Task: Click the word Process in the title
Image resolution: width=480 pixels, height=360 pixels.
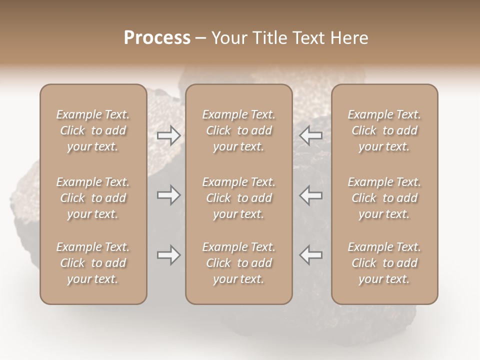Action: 157,38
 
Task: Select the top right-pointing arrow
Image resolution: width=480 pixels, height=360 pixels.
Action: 168,135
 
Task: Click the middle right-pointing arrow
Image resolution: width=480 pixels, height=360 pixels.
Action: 168,195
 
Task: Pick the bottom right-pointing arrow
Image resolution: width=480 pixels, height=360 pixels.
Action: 168,255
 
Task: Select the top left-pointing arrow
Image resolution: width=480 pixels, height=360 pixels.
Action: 311,135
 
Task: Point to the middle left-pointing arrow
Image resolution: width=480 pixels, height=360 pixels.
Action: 311,195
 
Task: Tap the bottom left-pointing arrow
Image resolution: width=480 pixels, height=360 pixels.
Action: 311,255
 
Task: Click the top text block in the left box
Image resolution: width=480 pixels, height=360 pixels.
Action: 93,130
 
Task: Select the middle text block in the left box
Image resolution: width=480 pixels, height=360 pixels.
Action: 93,198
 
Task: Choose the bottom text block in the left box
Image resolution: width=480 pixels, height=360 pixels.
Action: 93,263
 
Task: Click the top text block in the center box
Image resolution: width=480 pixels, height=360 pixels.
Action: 239,130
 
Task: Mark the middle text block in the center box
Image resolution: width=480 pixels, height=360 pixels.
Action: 239,198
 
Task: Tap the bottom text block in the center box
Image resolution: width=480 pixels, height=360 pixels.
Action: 239,263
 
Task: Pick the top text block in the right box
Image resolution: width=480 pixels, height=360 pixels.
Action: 384,130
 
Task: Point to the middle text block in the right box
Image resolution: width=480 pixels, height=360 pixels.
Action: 384,198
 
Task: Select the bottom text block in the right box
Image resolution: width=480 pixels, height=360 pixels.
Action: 384,263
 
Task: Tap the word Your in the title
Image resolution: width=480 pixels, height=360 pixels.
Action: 229,38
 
